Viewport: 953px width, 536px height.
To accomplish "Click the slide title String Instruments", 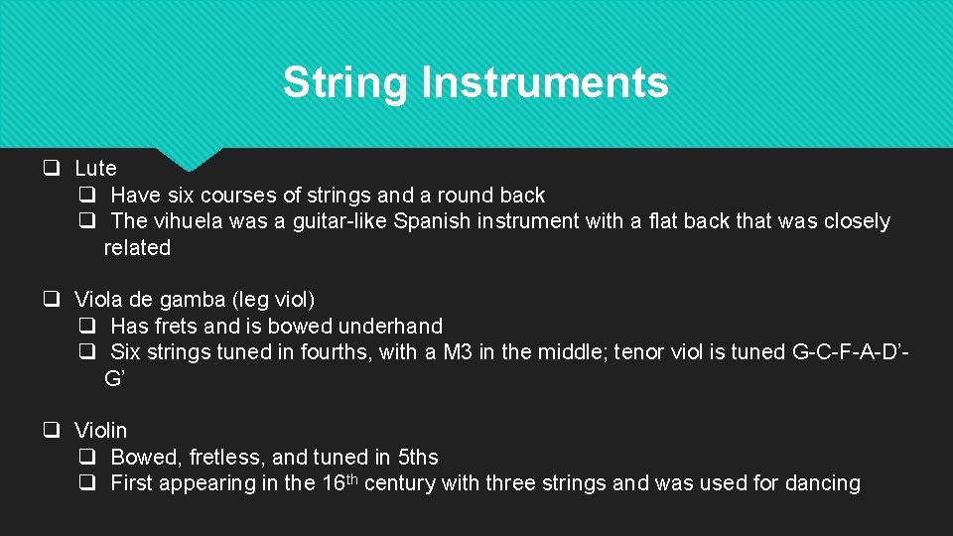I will point(476,82).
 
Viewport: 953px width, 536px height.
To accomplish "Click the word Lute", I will point(95,169).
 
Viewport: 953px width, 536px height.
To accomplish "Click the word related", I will point(137,248).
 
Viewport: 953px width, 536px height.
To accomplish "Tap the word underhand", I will point(390,327).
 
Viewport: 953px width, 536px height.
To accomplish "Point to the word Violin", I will point(100,431).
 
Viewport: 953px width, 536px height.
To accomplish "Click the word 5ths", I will point(417,458).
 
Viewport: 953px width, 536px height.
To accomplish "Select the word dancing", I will point(819,483).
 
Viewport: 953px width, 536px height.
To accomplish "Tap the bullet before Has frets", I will point(87,327).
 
